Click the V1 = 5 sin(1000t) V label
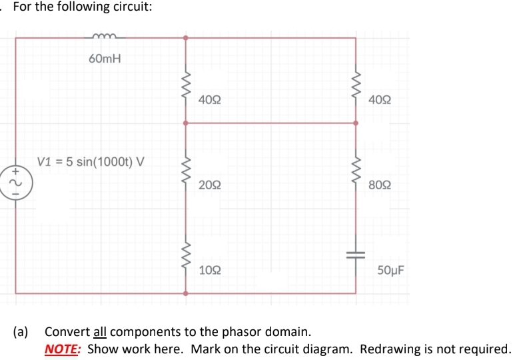point(93,161)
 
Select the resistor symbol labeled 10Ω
point(186,260)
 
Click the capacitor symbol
point(356,256)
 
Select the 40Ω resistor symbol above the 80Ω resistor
point(356,86)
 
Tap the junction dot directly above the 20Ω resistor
point(186,123)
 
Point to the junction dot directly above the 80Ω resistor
point(356,123)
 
